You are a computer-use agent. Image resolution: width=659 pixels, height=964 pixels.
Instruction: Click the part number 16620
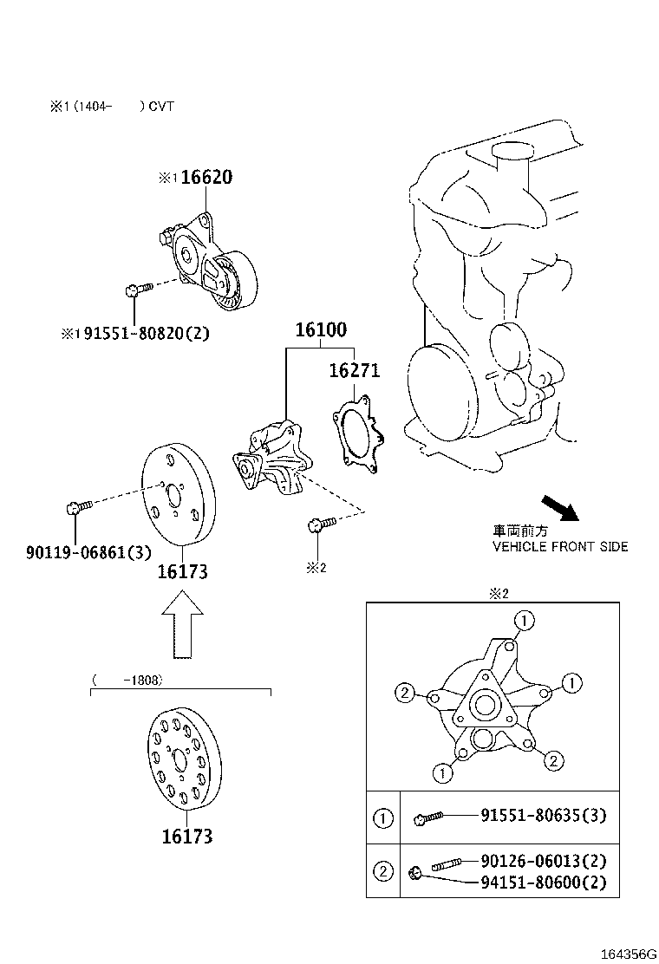[206, 178]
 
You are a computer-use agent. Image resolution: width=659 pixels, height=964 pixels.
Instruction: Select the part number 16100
[320, 330]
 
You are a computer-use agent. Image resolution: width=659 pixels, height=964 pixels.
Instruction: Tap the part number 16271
[354, 371]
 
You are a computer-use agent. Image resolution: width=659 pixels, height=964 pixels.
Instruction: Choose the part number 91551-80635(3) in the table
[545, 815]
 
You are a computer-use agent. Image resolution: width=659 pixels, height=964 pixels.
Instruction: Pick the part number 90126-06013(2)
[545, 861]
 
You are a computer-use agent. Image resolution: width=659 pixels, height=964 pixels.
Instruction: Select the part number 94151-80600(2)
[545, 883]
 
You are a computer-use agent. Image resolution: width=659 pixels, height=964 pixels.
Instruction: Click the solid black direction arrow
[558, 508]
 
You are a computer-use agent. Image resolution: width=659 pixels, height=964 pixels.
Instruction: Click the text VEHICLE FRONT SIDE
[560, 547]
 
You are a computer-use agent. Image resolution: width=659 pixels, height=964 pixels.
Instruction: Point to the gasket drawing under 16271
[359, 435]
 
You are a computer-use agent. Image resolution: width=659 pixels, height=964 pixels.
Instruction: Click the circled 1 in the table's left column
[382, 817]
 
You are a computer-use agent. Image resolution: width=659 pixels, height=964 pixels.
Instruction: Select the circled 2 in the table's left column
[382, 871]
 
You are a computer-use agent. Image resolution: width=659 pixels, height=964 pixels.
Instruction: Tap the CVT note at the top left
[112, 107]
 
